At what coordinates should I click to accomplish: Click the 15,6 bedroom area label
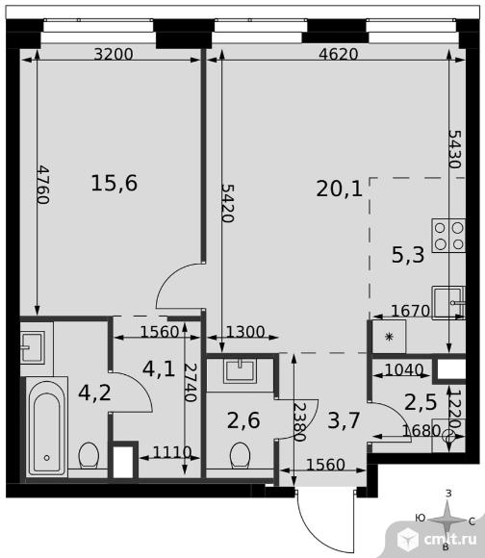115,183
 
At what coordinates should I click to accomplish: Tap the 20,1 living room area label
339,189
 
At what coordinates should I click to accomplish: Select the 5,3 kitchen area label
408,255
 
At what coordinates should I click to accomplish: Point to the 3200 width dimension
114,55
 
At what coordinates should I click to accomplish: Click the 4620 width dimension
338,55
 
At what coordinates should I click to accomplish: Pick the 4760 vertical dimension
43,185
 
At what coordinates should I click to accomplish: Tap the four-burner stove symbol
448,236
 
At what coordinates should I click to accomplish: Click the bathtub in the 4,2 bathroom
46,427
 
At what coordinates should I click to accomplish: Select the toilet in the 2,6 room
240,456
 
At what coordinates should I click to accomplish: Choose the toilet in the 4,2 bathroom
89,455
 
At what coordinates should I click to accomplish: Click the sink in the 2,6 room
240,370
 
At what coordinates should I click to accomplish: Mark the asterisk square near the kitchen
389,337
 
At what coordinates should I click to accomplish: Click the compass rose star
447,520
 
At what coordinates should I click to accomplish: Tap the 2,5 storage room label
421,402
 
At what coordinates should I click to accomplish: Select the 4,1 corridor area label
159,368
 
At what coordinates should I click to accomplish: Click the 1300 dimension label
245,332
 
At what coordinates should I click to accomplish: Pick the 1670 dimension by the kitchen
410,311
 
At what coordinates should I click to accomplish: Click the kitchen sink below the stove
448,302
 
